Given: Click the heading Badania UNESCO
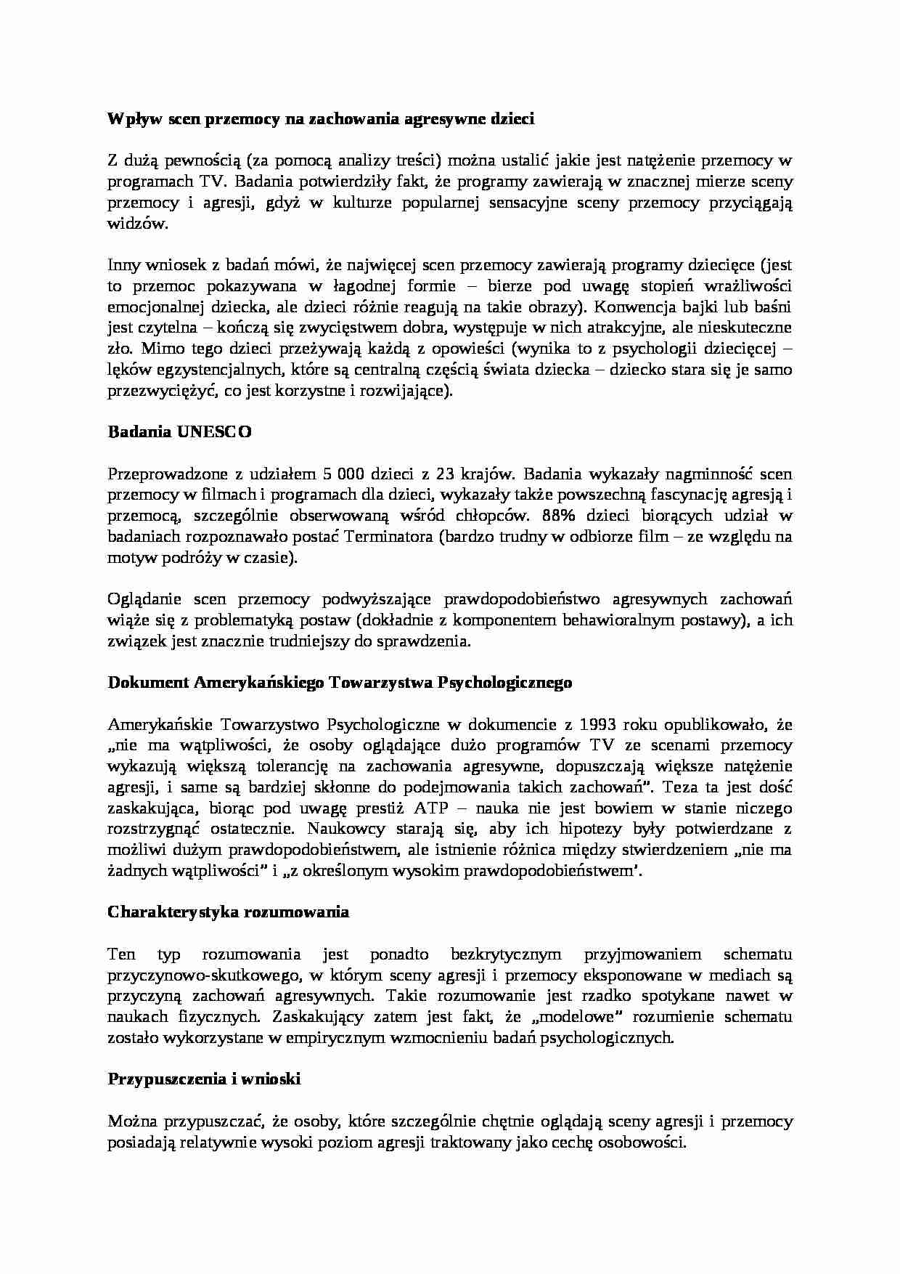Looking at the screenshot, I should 179,432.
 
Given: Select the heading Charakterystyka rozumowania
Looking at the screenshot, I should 228,912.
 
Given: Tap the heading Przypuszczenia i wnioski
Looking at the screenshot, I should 204,1079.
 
